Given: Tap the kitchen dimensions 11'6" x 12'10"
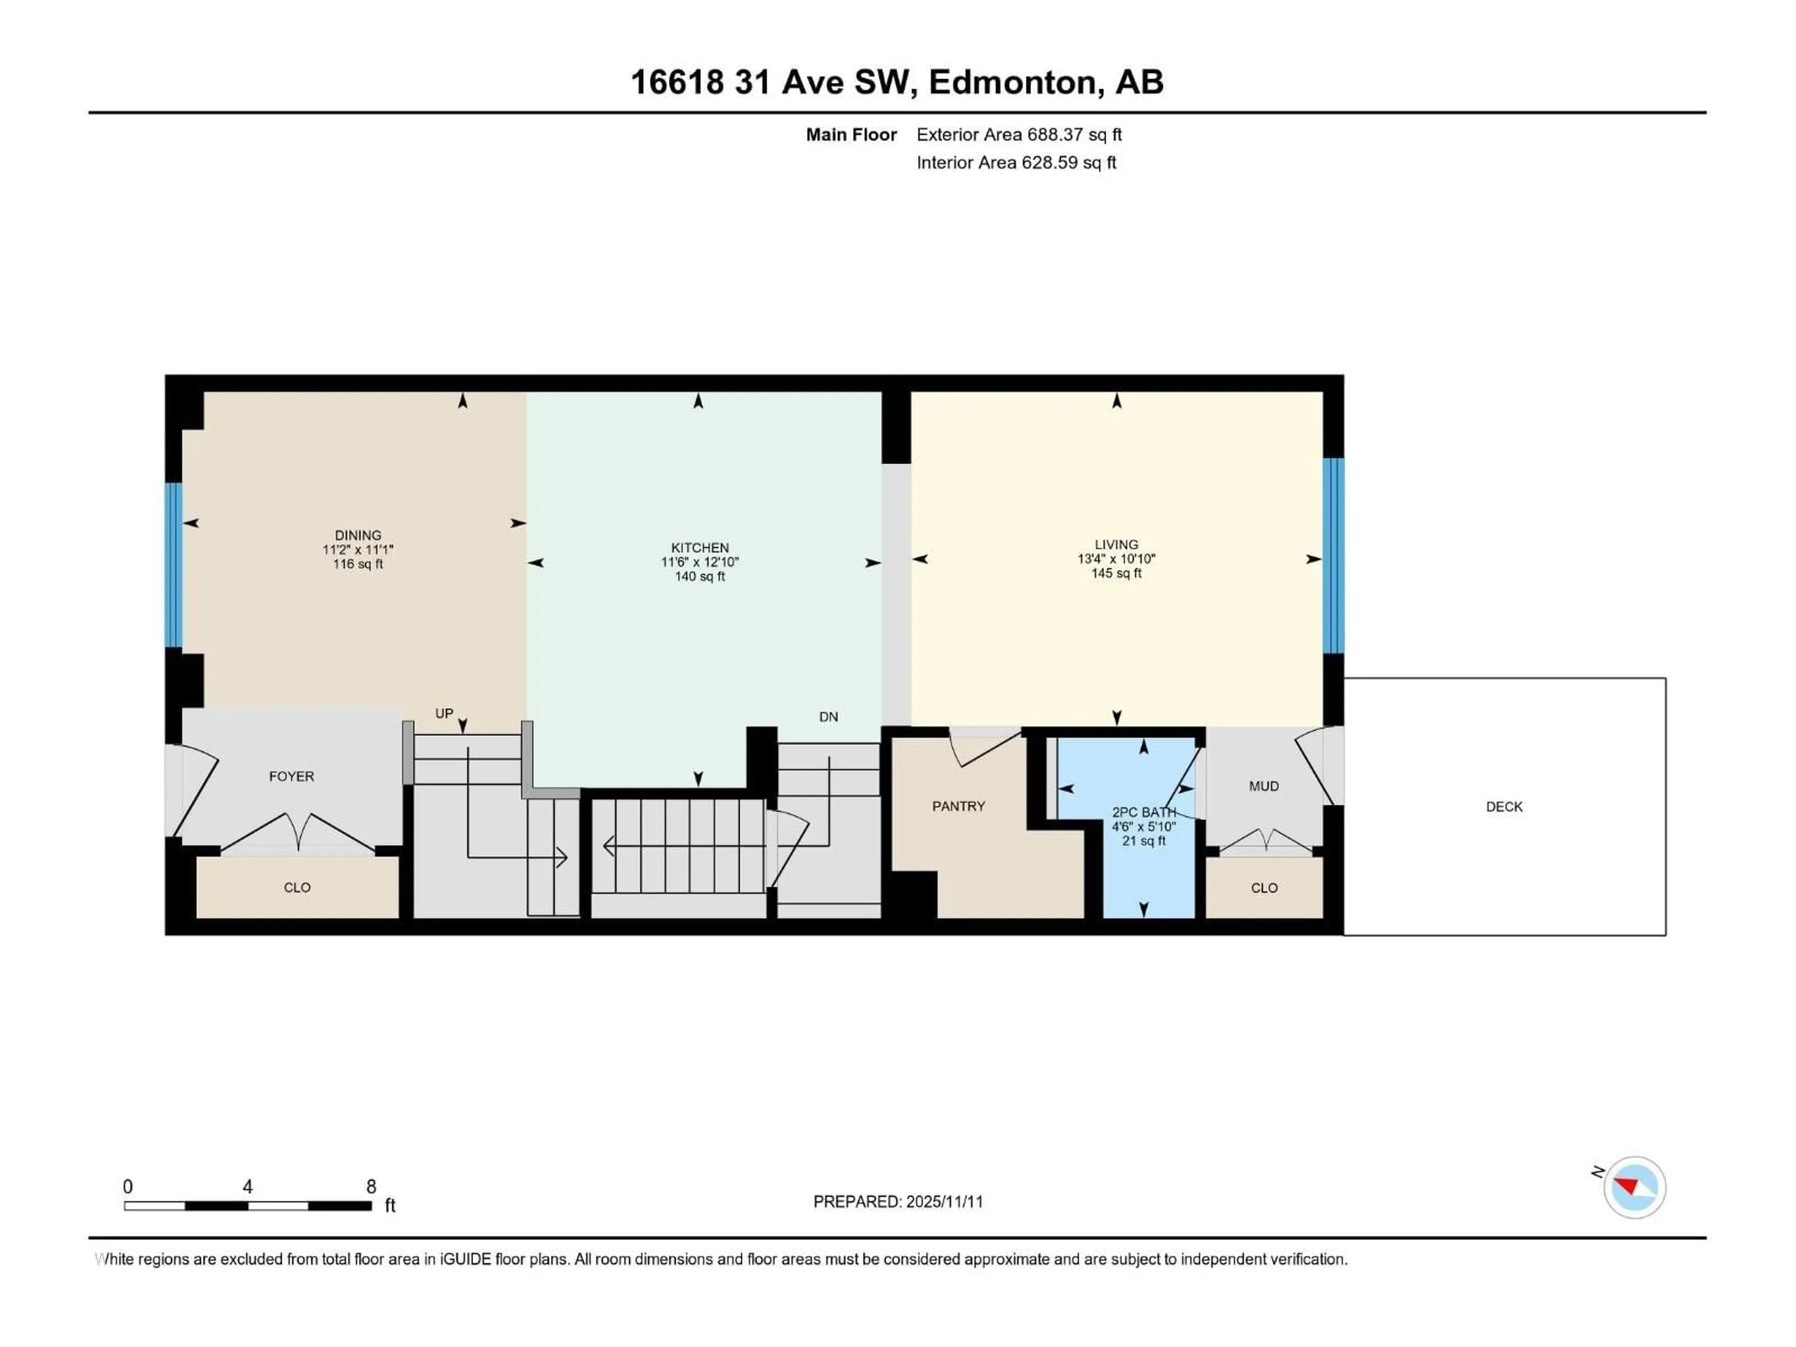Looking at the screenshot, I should click(699, 562).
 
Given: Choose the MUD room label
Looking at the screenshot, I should click(1263, 786).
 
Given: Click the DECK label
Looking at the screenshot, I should click(1504, 806).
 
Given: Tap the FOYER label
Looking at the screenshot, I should click(291, 776).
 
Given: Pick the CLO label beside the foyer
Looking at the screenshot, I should click(297, 887).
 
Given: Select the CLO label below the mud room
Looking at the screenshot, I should click(1264, 887).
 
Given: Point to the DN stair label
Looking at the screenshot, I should click(828, 717).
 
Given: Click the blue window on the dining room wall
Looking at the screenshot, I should click(173, 565).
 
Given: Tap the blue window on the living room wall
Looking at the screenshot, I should click(1333, 556).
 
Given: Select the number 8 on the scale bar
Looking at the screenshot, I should click(371, 1186).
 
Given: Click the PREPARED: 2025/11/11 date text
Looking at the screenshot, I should click(898, 1202).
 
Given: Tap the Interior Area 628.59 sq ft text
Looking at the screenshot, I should click(1016, 162).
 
